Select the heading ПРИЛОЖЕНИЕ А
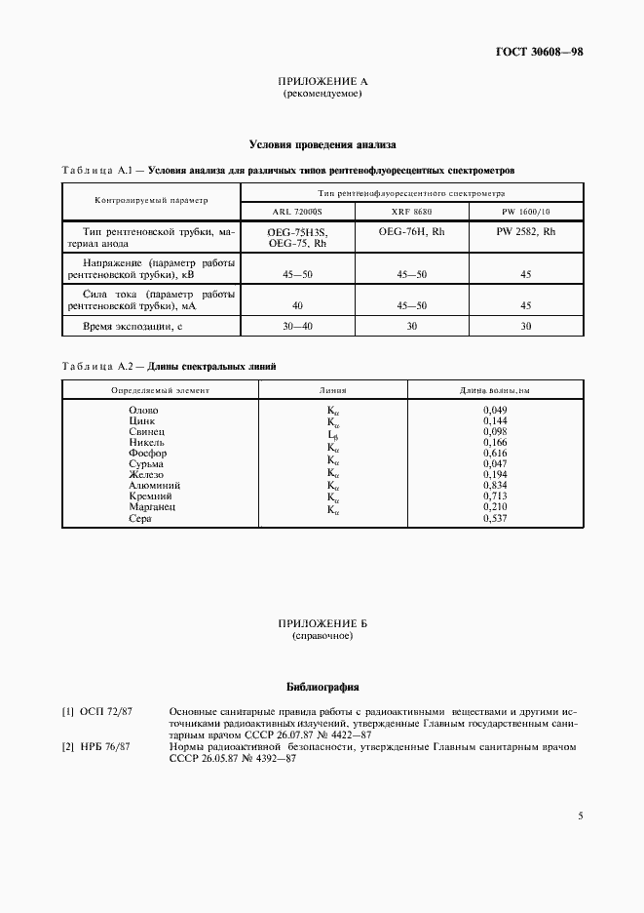(322, 82)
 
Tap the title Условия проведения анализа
(321, 144)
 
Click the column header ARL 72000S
(297, 212)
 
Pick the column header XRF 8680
(412, 212)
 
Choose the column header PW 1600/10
(526, 212)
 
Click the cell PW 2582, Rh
(526, 232)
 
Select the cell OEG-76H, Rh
(412, 232)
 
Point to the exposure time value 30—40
(297, 326)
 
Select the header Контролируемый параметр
(151, 201)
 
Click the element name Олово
(143, 410)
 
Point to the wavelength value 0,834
(495, 485)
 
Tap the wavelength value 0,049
(495, 410)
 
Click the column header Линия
(332, 389)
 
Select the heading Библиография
(322, 686)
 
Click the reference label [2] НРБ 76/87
(97, 746)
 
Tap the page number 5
(580, 816)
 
